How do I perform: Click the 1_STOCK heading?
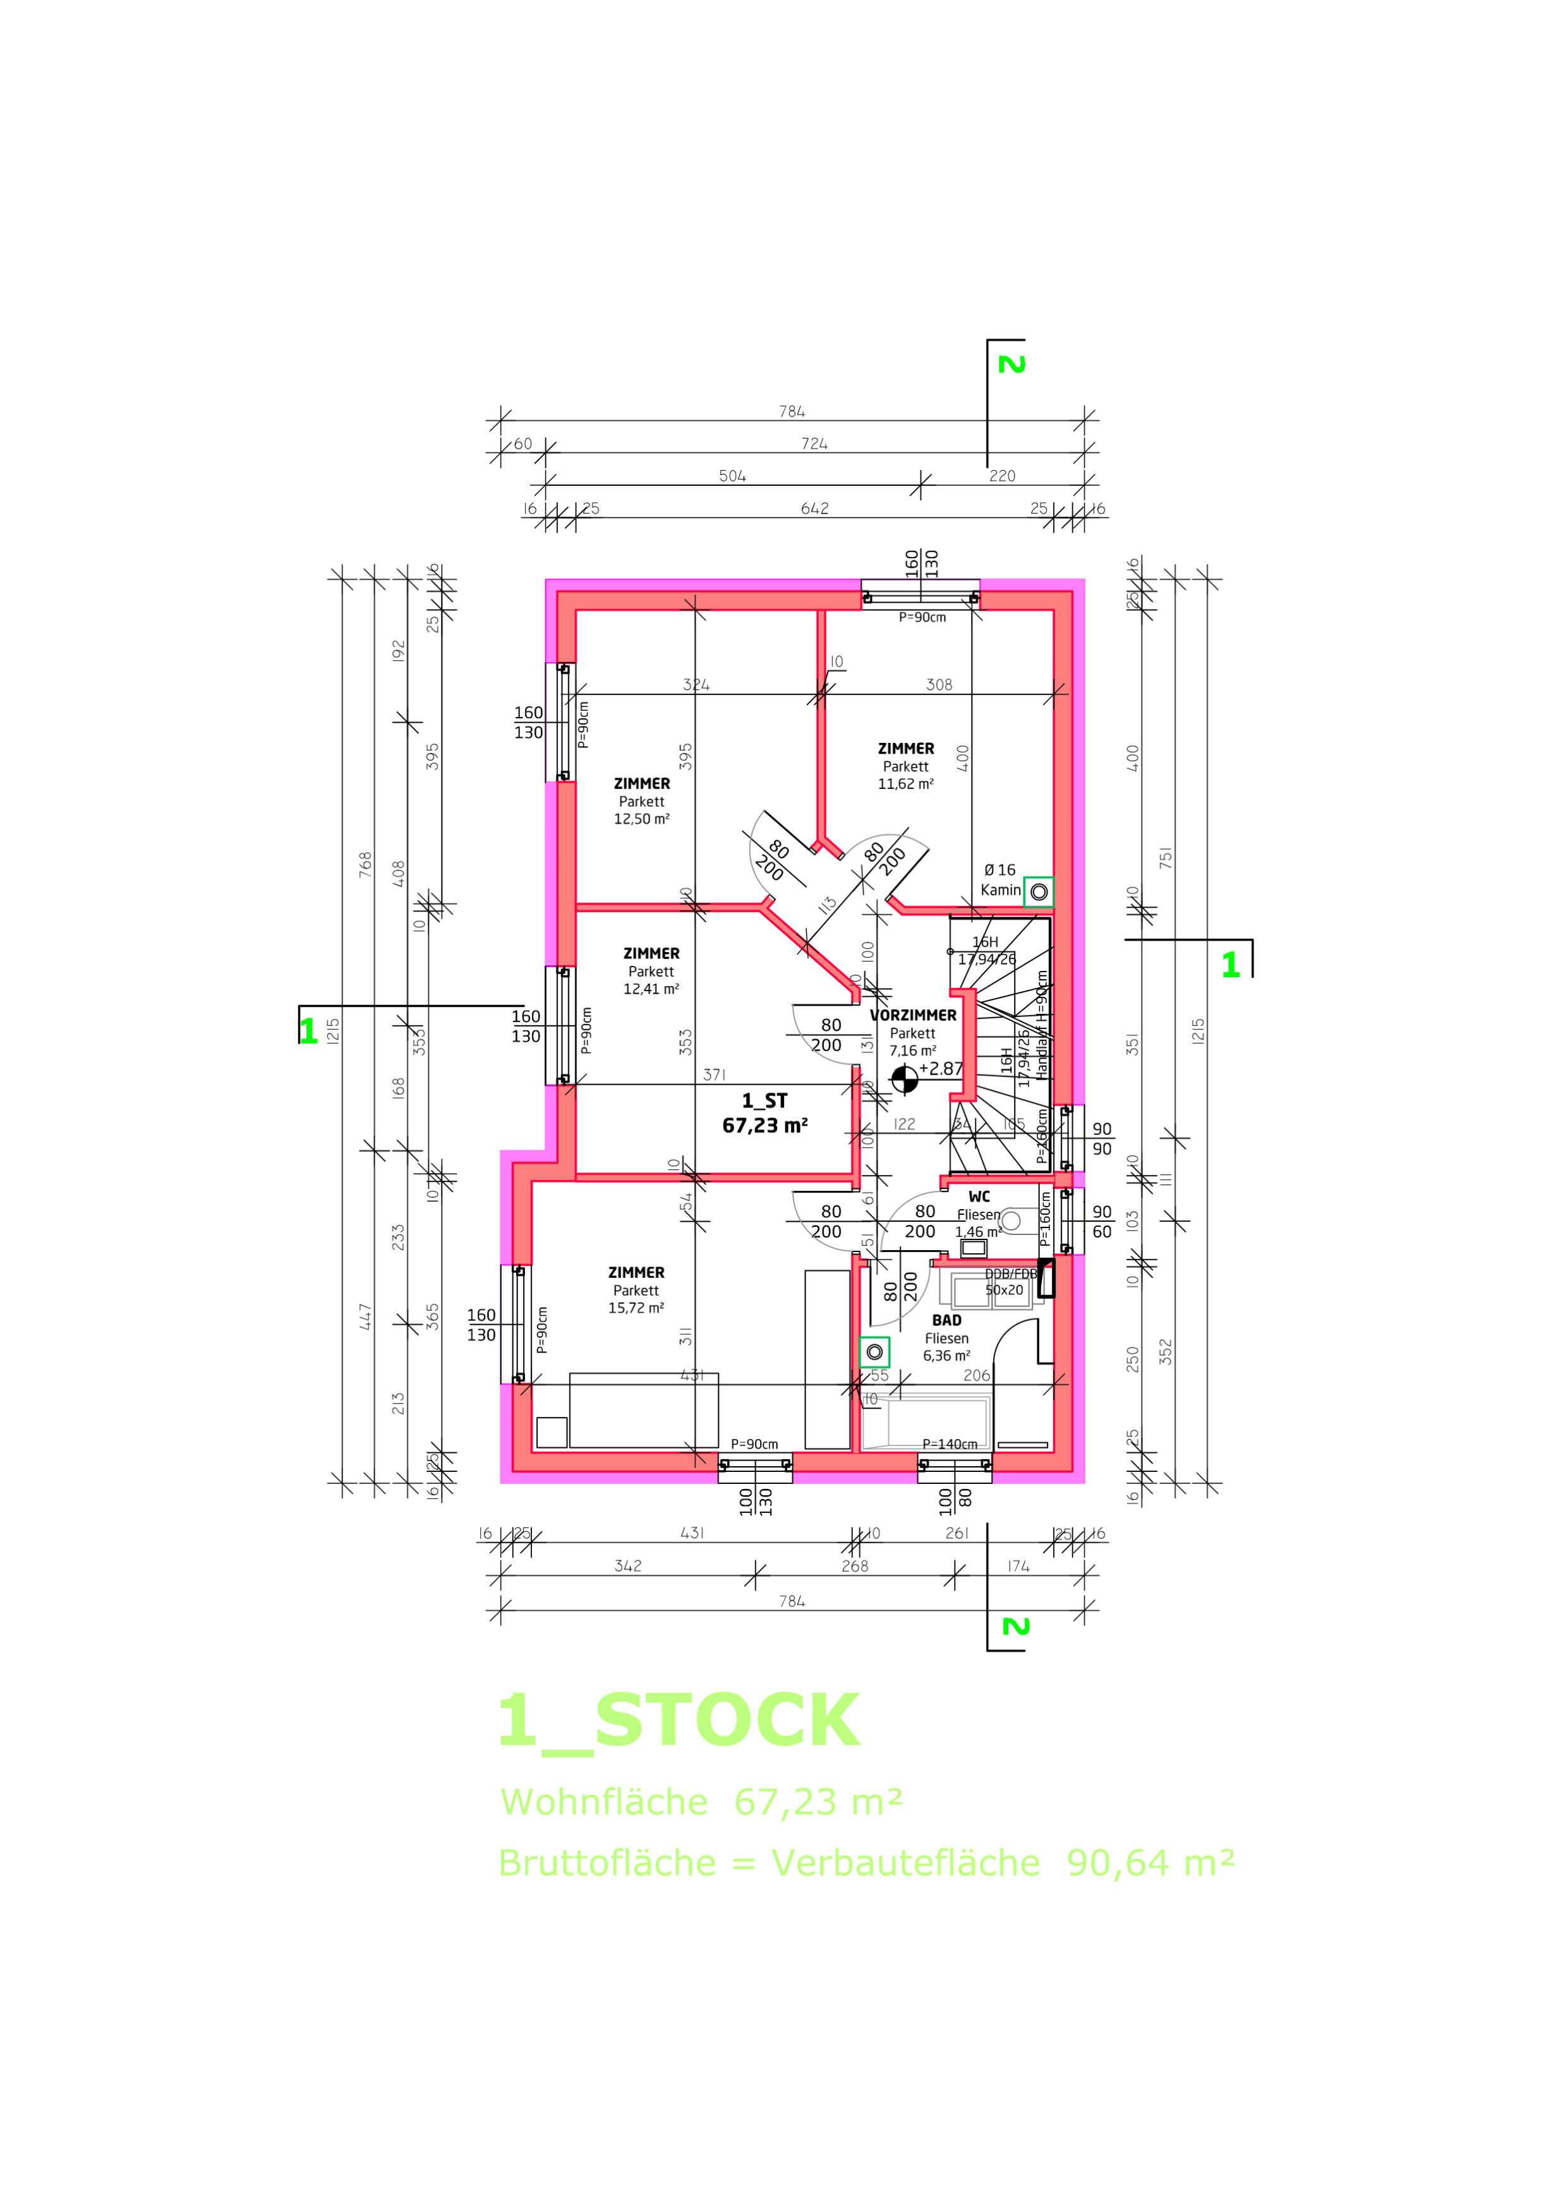coord(678,1722)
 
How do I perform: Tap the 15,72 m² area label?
coord(636,1308)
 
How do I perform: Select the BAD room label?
coord(946,1320)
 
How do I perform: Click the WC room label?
coord(979,1197)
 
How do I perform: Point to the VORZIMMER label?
coord(913,1015)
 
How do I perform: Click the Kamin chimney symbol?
coord(1038,892)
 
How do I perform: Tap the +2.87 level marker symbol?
coord(904,1080)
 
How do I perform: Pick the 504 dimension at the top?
coord(732,476)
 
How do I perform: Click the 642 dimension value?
coord(815,509)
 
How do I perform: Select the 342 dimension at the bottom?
coord(628,1566)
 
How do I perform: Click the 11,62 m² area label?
coord(905,784)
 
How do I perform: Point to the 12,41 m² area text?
coord(651,989)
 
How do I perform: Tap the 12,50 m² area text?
coord(641,819)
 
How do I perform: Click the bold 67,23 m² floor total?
coord(764,1124)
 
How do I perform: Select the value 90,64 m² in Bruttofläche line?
coord(1150,1862)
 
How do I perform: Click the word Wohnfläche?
coord(604,1801)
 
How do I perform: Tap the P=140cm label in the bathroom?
coord(950,1443)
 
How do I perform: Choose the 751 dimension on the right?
coord(1165,857)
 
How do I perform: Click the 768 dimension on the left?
coord(365,864)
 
